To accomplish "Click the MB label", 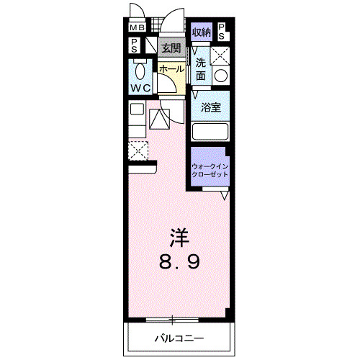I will [136, 28].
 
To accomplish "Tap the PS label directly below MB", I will [135, 45].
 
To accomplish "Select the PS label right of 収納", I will [221, 31].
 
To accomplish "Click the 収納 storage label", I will [201, 32].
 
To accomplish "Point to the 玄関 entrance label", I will [171, 48].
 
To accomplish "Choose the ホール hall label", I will [171, 68].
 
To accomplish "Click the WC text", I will [140, 89].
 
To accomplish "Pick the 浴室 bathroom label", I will [210, 107].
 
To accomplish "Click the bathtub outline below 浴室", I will [210, 132].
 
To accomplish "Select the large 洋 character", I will [179, 237].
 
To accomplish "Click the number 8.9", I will [179, 261].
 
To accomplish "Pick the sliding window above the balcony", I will [173, 319].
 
